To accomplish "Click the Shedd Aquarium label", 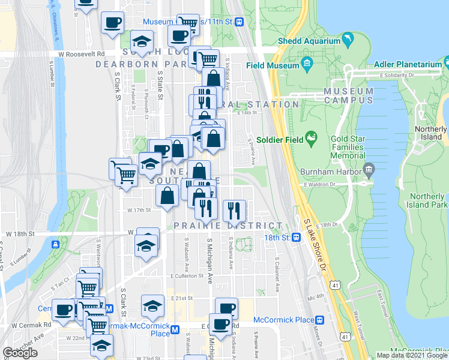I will [x=308, y=41].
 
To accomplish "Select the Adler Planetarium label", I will [x=408, y=64].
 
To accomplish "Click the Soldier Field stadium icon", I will [x=312, y=139].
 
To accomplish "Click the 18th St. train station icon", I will [x=296, y=238].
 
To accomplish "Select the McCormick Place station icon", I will [x=320, y=320].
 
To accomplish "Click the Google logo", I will [x=20, y=353].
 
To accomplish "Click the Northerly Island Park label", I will [x=429, y=200].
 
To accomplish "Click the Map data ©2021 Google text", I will [x=412, y=355].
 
